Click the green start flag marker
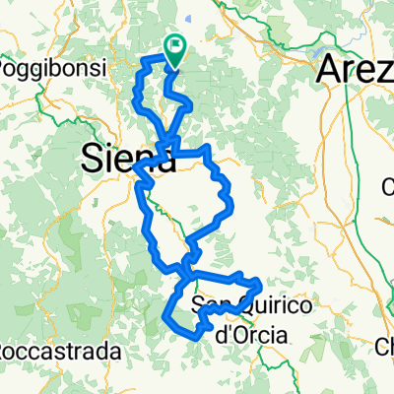tap(175, 49)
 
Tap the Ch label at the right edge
tap(384, 346)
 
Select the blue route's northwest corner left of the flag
tap(146, 61)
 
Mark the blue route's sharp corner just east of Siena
tap(208, 150)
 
